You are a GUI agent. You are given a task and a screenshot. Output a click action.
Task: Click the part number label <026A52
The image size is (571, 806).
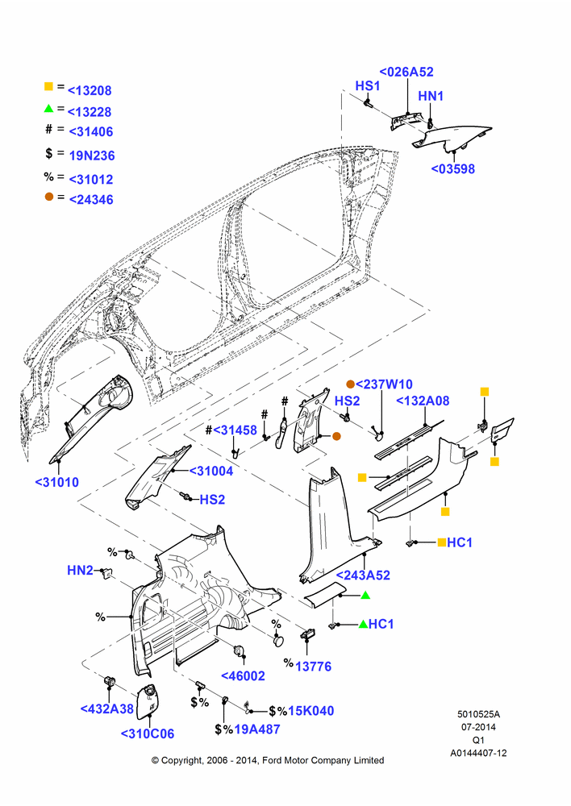[x=406, y=72]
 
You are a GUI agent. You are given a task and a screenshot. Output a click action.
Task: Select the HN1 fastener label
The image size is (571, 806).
[x=431, y=96]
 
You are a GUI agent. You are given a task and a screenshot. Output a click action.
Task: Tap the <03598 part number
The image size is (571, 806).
[x=452, y=168]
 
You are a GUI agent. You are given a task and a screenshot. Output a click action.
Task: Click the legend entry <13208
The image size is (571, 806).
[x=90, y=90]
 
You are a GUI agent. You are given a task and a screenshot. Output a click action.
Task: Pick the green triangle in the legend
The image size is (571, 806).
[x=49, y=109]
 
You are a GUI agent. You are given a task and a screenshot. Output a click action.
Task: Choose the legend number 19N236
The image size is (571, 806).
[x=92, y=156]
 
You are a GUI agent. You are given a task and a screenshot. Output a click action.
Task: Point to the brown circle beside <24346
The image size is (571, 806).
[x=49, y=197]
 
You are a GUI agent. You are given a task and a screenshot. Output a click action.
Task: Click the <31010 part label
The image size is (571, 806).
[x=57, y=482]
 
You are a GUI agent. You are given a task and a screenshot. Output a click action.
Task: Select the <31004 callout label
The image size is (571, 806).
[x=211, y=471]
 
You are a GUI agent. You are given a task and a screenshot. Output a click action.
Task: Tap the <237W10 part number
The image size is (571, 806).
[x=384, y=384]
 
